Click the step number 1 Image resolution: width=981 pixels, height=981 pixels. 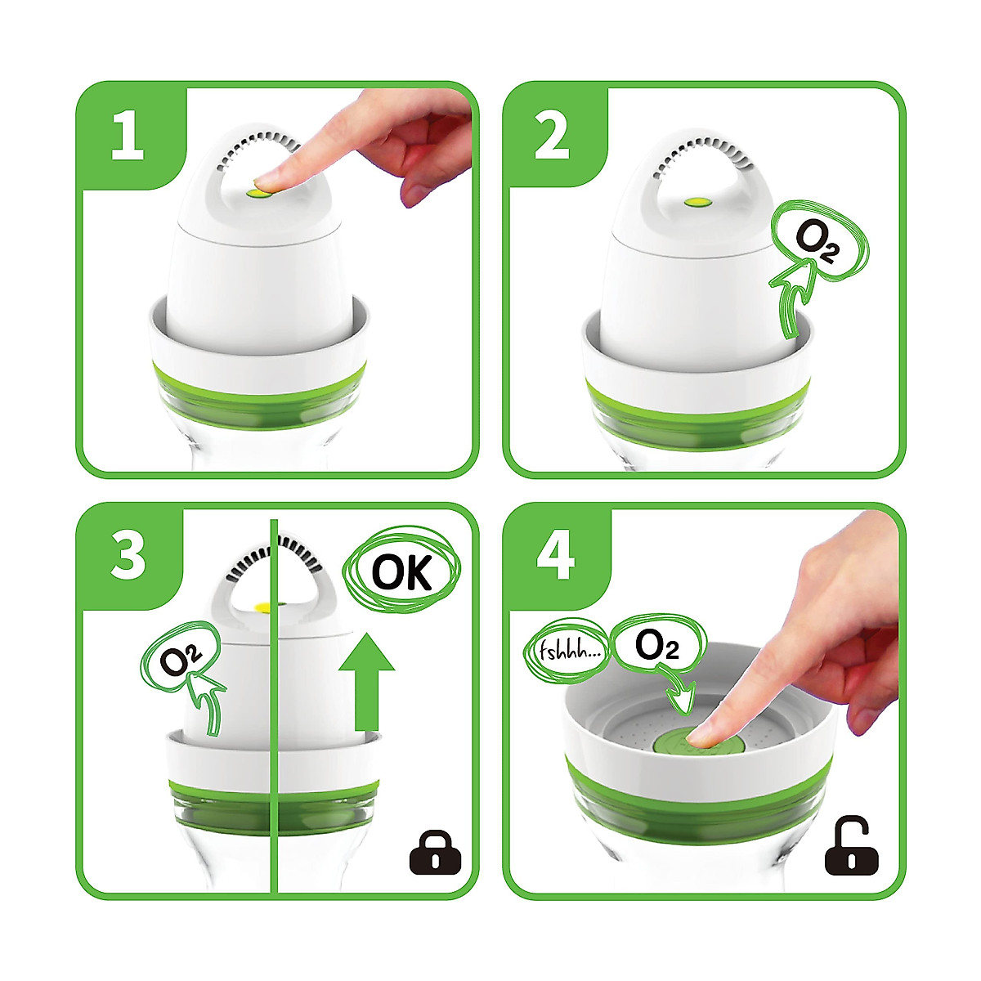[128, 135]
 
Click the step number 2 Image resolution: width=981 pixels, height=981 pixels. [552, 135]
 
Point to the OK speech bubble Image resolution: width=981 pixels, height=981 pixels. [402, 571]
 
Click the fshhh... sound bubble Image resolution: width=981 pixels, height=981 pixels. [566, 652]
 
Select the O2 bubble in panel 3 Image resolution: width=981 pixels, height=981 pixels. [181, 656]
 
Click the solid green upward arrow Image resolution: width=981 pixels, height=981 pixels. [366, 682]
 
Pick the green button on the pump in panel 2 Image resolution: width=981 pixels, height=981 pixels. [698, 203]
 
